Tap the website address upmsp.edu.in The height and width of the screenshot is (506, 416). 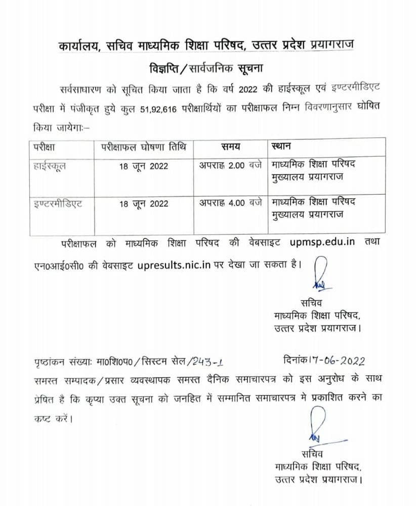tap(322, 242)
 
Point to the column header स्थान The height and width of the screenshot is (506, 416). tap(281, 147)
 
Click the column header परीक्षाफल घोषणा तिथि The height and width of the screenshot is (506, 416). tap(143, 147)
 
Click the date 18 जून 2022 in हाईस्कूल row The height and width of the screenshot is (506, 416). tap(144, 166)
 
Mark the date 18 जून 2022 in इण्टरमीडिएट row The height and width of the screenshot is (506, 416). tap(144, 203)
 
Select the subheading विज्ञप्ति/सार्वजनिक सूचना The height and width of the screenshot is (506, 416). tap(207, 67)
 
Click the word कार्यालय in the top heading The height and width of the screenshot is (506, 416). tap(77, 46)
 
